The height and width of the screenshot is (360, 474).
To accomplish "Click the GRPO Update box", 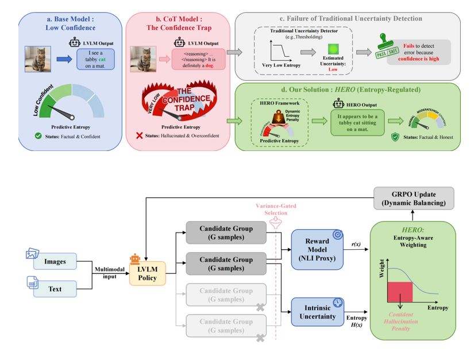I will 414,198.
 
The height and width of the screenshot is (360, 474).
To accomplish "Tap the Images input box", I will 55,262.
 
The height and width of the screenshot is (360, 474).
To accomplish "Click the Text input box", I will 55,289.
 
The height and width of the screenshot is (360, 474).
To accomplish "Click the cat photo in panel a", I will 37,59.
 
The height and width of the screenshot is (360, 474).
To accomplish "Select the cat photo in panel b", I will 144,59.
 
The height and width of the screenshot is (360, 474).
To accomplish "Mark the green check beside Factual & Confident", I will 38,136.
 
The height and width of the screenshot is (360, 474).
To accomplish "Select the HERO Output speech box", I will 357,123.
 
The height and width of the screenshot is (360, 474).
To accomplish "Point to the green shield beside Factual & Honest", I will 395,137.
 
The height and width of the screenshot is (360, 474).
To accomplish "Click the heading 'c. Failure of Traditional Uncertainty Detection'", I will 352,19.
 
